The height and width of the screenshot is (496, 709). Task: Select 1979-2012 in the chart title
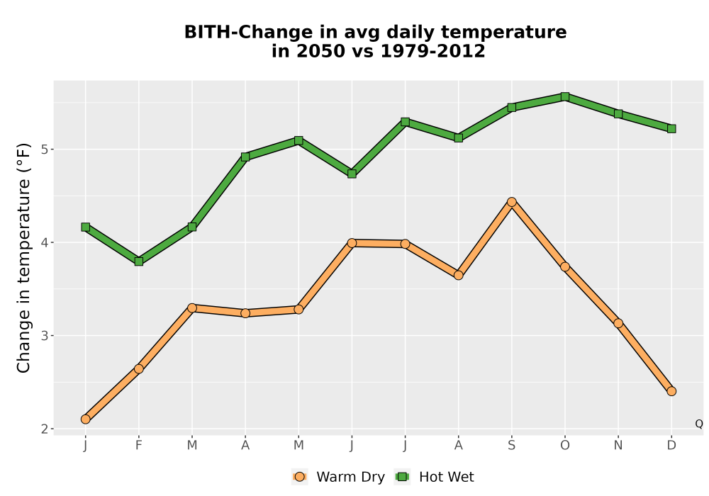[432, 51]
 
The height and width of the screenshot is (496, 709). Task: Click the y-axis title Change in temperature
[23, 258]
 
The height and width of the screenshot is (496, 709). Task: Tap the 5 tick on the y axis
[45, 150]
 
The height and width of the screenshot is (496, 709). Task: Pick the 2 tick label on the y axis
[45, 429]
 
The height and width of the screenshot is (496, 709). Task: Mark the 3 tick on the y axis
[45, 336]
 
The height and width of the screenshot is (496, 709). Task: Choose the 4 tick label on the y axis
[45, 242]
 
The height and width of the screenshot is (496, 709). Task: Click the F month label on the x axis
[139, 446]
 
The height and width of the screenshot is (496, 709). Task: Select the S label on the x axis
[511, 446]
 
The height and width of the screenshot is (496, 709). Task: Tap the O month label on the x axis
[565, 446]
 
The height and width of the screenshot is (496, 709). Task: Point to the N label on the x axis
[618, 446]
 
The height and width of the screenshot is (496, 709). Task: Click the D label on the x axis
[671, 446]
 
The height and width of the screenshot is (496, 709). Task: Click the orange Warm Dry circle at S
[511, 202]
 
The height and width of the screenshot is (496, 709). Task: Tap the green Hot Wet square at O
[565, 96]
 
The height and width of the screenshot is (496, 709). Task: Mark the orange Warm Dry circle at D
[671, 391]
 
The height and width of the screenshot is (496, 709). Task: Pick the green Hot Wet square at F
[139, 261]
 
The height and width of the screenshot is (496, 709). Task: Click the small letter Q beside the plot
[699, 424]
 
